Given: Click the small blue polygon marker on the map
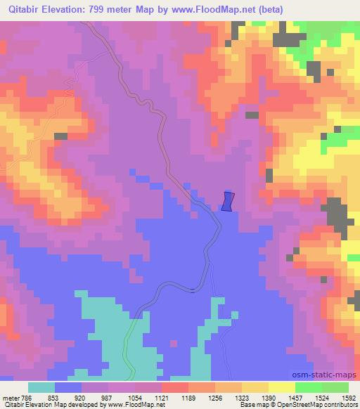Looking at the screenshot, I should point(227,201).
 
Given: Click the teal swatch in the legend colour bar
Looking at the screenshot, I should point(41,387).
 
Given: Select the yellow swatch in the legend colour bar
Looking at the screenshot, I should point(282,387).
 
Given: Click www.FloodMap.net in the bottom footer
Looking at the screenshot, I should point(127,405).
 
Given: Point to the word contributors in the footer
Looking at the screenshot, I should point(341,405).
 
